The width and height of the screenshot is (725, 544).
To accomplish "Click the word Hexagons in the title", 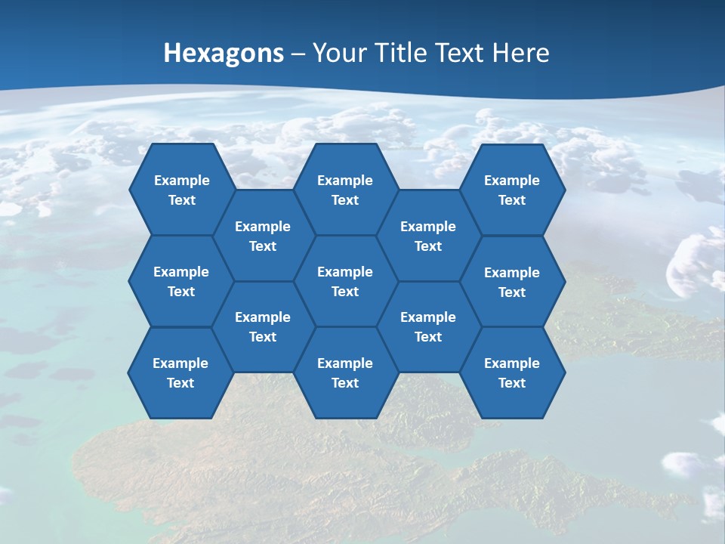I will click(224, 53).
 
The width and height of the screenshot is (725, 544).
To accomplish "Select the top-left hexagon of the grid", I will click(181, 190).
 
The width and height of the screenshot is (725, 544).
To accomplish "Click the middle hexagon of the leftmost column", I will click(181, 281).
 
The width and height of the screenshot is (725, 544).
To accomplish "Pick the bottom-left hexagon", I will click(180, 372).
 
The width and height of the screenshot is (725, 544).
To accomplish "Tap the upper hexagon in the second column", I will click(263, 236).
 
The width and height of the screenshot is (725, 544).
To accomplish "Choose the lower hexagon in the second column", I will click(263, 326).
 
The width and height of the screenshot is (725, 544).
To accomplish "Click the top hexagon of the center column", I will click(345, 190).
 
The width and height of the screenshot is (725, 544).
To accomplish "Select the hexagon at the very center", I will click(345, 281).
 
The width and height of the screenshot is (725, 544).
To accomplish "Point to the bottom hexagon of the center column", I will click(345, 372).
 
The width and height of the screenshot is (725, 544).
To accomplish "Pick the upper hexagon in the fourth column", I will click(428, 236).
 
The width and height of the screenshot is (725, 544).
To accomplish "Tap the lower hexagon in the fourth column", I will click(428, 326).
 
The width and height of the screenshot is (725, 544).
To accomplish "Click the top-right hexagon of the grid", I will click(512, 190).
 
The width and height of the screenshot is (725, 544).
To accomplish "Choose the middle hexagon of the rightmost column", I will click(512, 282).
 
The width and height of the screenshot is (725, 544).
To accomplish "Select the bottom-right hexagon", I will click(512, 372).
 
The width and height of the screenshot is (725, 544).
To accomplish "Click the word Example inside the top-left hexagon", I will click(181, 181).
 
